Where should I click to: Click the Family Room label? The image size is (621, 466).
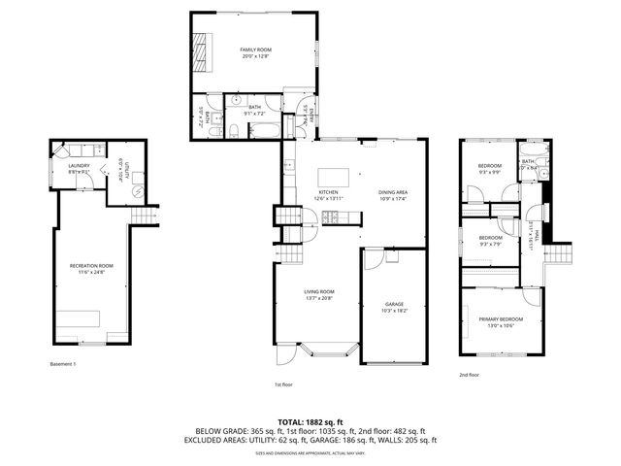pos(255,49)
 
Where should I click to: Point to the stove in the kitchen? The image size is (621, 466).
pos(329,216)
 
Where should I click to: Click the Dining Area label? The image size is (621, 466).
pos(392,192)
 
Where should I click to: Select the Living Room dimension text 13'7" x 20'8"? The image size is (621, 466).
pos(318,298)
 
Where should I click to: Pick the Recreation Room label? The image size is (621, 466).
pos(91,265)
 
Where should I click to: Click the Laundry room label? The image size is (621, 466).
pos(80,165)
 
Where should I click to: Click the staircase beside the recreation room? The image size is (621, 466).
pos(145,216)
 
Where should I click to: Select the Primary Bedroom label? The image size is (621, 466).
pos(500,319)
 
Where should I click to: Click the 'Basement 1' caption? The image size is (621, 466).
pos(62,364)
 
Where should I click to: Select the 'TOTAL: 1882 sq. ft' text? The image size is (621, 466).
pos(310,422)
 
